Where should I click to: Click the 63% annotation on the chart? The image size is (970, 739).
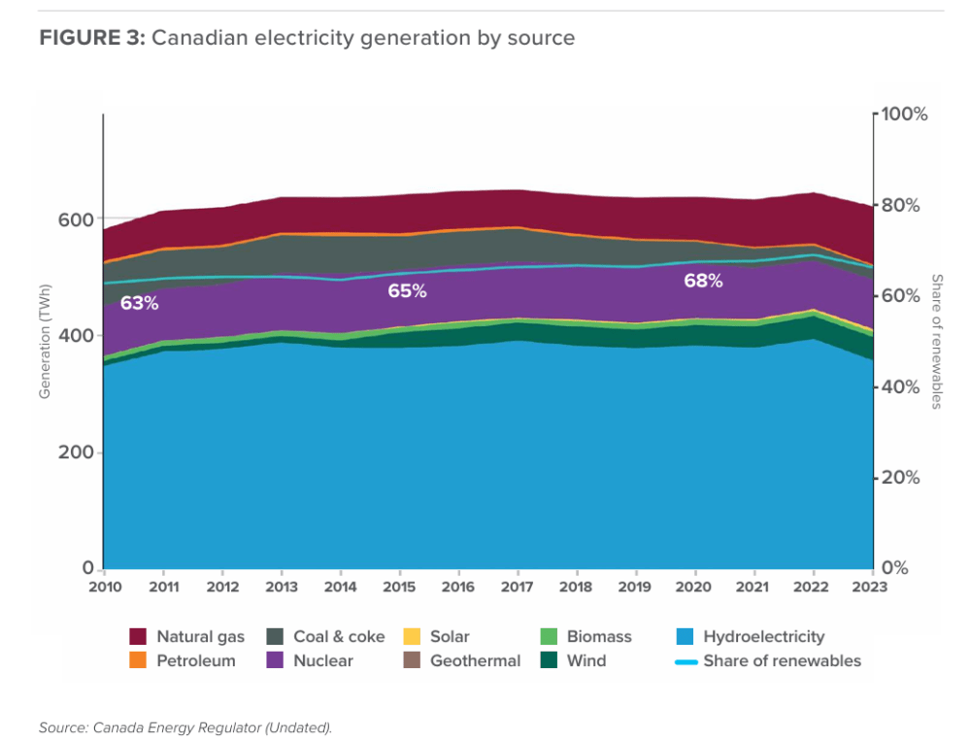[x=139, y=303]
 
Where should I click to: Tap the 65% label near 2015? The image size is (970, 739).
[x=407, y=290]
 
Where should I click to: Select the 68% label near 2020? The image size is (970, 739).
[x=702, y=282]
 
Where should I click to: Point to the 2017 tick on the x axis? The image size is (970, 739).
[x=518, y=587]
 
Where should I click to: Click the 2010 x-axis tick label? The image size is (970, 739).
[x=104, y=587]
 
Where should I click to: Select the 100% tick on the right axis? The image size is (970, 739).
[x=905, y=114]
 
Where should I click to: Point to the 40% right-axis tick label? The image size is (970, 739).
[x=901, y=386]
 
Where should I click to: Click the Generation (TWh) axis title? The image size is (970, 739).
[x=45, y=341]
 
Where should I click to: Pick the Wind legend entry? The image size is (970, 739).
[x=586, y=660]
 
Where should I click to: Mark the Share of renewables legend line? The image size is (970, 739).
[x=686, y=661]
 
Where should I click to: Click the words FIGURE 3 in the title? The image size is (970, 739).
[x=92, y=38]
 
